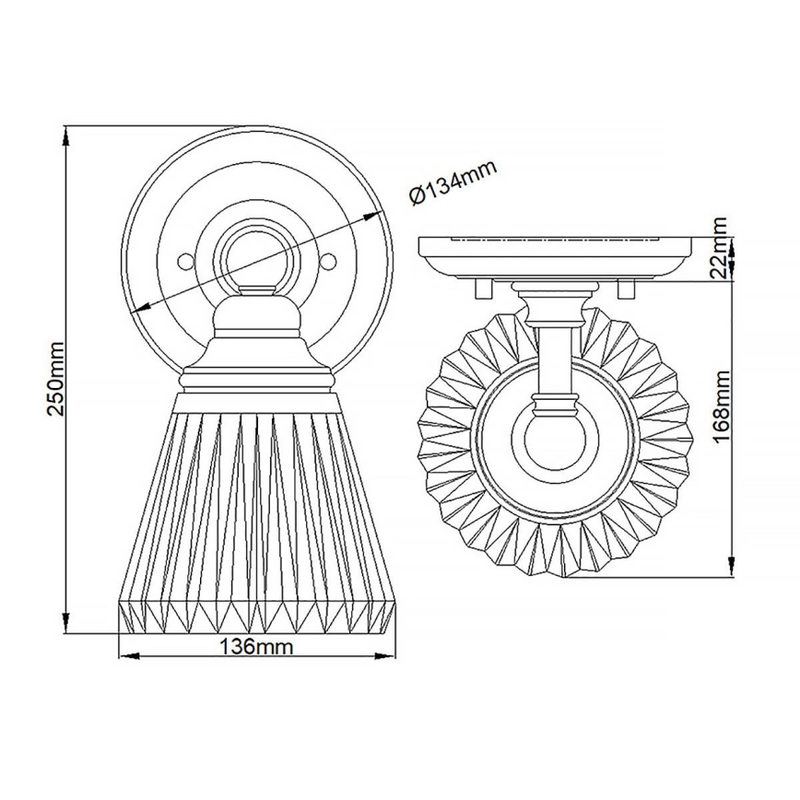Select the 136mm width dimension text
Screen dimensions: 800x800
[255, 647]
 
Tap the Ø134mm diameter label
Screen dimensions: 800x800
[453, 182]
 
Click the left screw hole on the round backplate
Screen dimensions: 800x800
[185, 261]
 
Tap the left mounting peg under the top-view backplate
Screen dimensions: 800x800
[480, 288]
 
